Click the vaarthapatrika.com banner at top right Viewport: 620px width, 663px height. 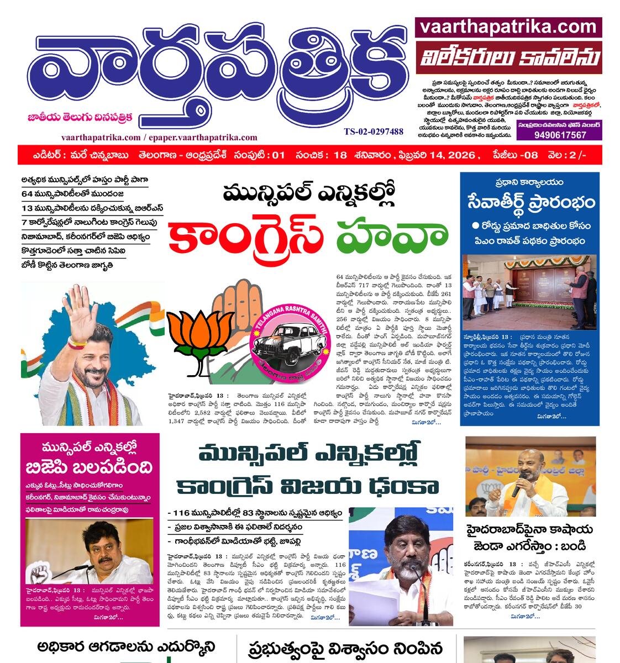pyautogui.click(x=508, y=27)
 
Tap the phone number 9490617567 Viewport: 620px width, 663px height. pyautogui.click(x=559, y=135)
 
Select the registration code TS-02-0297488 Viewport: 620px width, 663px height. pyautogui.click(x=374, y=131)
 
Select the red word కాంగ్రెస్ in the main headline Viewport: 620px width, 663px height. pyautogui.click(x=246, y=234)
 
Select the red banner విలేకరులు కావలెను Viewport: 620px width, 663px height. pyautogui.click(x=508, y=57)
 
